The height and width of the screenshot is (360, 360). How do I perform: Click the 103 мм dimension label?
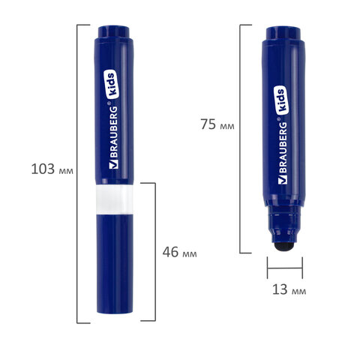(x=52, y=169)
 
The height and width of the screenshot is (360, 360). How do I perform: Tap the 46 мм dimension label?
(x=179, y=252)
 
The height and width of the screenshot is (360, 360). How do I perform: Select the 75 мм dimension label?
(x=217, y=124)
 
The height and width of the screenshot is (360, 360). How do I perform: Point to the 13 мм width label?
(x=289, y=289)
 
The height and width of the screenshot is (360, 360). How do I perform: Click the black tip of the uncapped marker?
(x=283, y=246)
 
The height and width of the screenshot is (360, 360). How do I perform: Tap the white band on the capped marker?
(x=115, y=199)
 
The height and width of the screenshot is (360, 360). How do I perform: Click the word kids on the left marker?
(x=111, y=84)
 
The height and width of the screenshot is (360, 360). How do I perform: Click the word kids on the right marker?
(x=281, y=100)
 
